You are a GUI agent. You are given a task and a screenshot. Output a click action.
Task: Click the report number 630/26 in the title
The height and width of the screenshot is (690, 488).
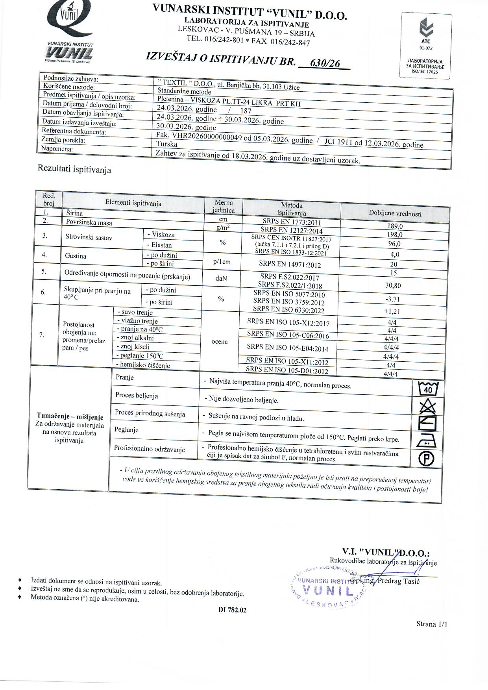click(325, 63)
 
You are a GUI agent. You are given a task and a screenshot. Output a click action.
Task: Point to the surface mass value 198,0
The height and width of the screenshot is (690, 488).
click(395, 235)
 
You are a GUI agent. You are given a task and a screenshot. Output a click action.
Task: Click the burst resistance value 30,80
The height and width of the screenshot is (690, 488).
click(393, 286)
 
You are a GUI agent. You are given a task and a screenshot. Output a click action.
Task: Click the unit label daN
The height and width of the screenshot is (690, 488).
click(221, 278)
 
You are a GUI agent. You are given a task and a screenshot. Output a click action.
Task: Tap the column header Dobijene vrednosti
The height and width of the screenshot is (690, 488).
click(395, 213)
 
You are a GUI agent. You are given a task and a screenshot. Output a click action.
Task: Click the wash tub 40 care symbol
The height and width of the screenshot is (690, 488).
click(427, 389)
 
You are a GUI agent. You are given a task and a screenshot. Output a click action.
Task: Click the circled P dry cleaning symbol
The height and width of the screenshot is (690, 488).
click(427, 459)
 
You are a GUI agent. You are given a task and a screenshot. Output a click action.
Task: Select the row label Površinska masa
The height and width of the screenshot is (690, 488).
click(89, 222)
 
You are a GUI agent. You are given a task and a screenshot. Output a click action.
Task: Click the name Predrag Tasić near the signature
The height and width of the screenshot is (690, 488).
click(399, 581)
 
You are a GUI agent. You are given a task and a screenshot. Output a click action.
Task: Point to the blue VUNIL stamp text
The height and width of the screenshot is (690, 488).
click(327, 591)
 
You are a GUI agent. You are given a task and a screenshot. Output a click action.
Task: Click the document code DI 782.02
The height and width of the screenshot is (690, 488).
click(233, 610)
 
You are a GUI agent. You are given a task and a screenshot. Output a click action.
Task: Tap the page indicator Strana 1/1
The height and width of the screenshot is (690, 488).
click(432, 624)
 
